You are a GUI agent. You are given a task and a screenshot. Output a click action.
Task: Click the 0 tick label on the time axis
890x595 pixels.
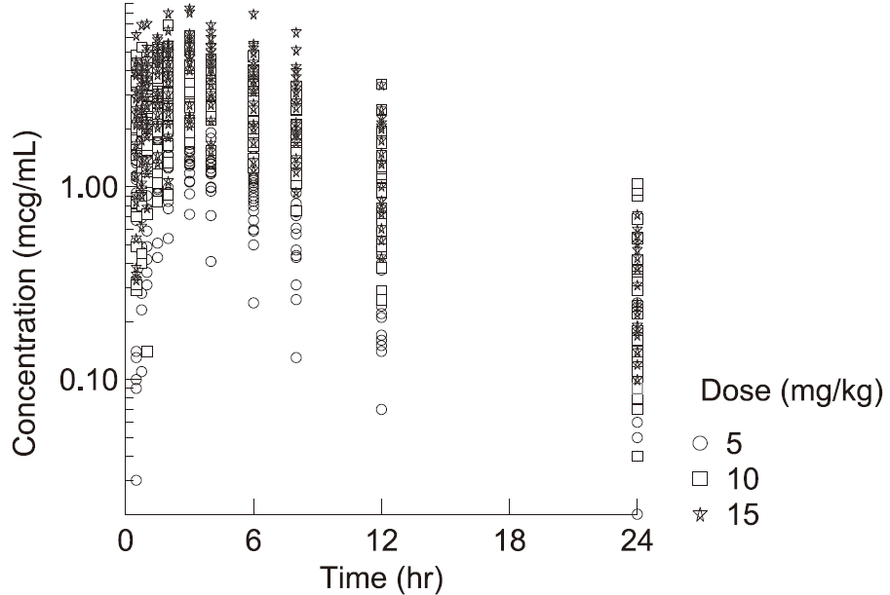pyautogui.click(x=126, y=538)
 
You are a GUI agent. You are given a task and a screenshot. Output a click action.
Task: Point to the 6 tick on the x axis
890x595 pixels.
pyautogui.click(x=253, y=538)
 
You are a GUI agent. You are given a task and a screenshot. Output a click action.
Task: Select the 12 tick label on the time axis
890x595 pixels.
pyautogui.click(x=381, y=538)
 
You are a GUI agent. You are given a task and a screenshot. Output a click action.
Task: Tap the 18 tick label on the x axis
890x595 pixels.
pyautogui.click(x=509, y=538)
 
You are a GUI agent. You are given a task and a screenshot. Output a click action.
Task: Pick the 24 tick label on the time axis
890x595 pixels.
pyautogui.click(x=638, y=538)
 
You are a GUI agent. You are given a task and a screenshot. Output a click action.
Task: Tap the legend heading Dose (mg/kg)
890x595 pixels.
pyautogui.click(x=792, y=392)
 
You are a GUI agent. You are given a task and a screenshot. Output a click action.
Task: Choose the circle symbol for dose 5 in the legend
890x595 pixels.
pyautogui.click(x=698, y=444)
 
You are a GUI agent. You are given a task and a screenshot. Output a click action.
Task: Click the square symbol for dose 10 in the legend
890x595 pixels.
pyautogui.click(x=698, y=478)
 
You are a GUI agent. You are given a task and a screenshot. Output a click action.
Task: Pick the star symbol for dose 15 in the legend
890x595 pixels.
pyautogui.click(x=698, y=512)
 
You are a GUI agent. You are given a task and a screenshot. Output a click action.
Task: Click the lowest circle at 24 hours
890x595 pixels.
pyautogui.click(x=638, y=514)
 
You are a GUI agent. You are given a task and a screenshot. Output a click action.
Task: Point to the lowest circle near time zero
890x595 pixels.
pyautogui.click(x=136, y=480)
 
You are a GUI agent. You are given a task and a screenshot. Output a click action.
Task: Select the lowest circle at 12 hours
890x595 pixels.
pyautogui.click(x=381, y=409)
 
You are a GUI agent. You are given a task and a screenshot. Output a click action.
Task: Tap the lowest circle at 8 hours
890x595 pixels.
pyautogui.click(x=296, y=357)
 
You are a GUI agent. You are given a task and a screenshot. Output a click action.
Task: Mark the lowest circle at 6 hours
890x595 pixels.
pyautogui.click(x=253, y=303)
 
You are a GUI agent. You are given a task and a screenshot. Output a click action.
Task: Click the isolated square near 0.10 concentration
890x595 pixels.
pyautogui.click(x=147, y=352)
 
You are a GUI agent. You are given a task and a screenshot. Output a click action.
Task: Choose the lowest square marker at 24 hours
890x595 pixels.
pyautogui.click(x=638, y=456)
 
